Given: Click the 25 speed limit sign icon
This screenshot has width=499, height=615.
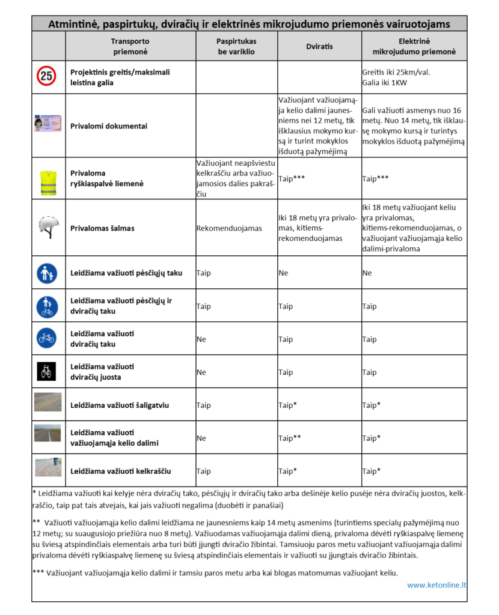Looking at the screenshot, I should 48,76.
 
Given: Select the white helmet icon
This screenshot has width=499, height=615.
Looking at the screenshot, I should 48,228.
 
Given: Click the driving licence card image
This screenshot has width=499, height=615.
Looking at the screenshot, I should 48,126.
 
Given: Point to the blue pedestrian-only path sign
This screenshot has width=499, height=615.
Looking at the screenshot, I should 47,273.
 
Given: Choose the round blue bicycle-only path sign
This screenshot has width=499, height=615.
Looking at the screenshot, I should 47,339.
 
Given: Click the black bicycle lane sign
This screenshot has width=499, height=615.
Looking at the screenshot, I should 47,372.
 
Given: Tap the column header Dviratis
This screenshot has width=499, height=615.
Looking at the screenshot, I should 319,46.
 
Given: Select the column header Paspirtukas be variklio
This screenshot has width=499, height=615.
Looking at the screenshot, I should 236,46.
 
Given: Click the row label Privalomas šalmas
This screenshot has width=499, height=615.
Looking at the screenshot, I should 102,228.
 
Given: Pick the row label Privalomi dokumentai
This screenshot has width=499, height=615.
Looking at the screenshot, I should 109,126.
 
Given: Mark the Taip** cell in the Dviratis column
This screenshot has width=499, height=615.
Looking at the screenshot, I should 290,438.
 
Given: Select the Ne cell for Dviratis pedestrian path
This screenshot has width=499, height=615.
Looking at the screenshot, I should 283,273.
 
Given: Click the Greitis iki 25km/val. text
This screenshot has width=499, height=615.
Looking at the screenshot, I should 396,72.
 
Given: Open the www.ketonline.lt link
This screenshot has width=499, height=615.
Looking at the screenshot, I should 436,584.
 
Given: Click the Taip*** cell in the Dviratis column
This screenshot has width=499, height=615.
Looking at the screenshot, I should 291,178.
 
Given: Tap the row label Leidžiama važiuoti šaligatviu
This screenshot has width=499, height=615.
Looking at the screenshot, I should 120,405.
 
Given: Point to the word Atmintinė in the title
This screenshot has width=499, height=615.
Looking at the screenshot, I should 74,24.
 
